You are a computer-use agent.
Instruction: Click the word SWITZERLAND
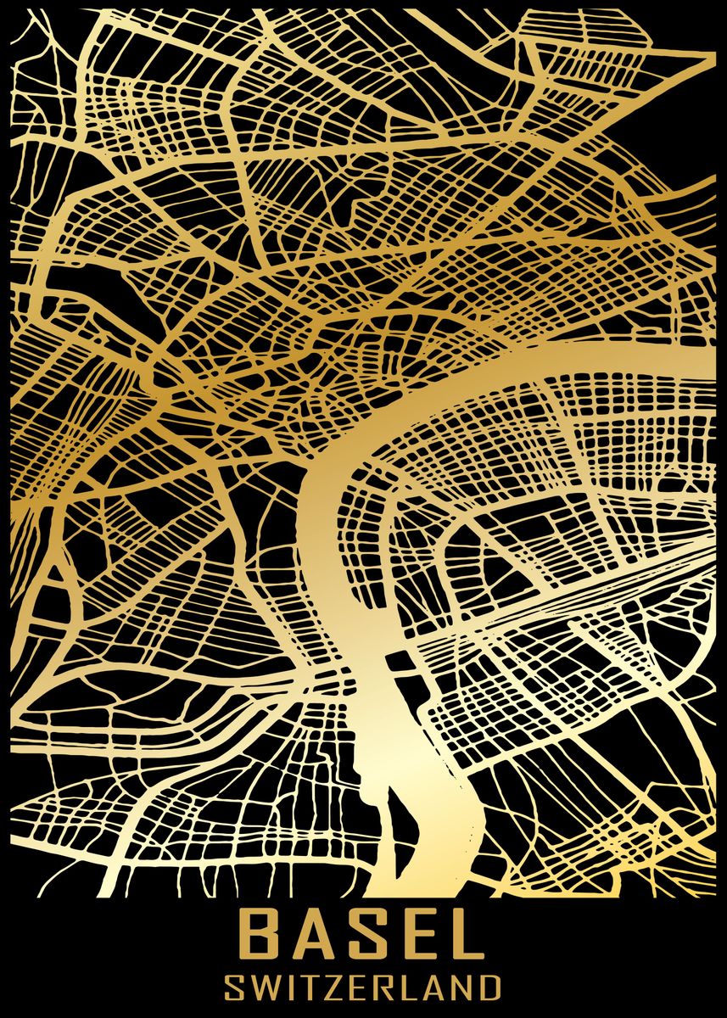(363, 988)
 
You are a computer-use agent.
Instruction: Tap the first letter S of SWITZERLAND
(234, 988)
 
